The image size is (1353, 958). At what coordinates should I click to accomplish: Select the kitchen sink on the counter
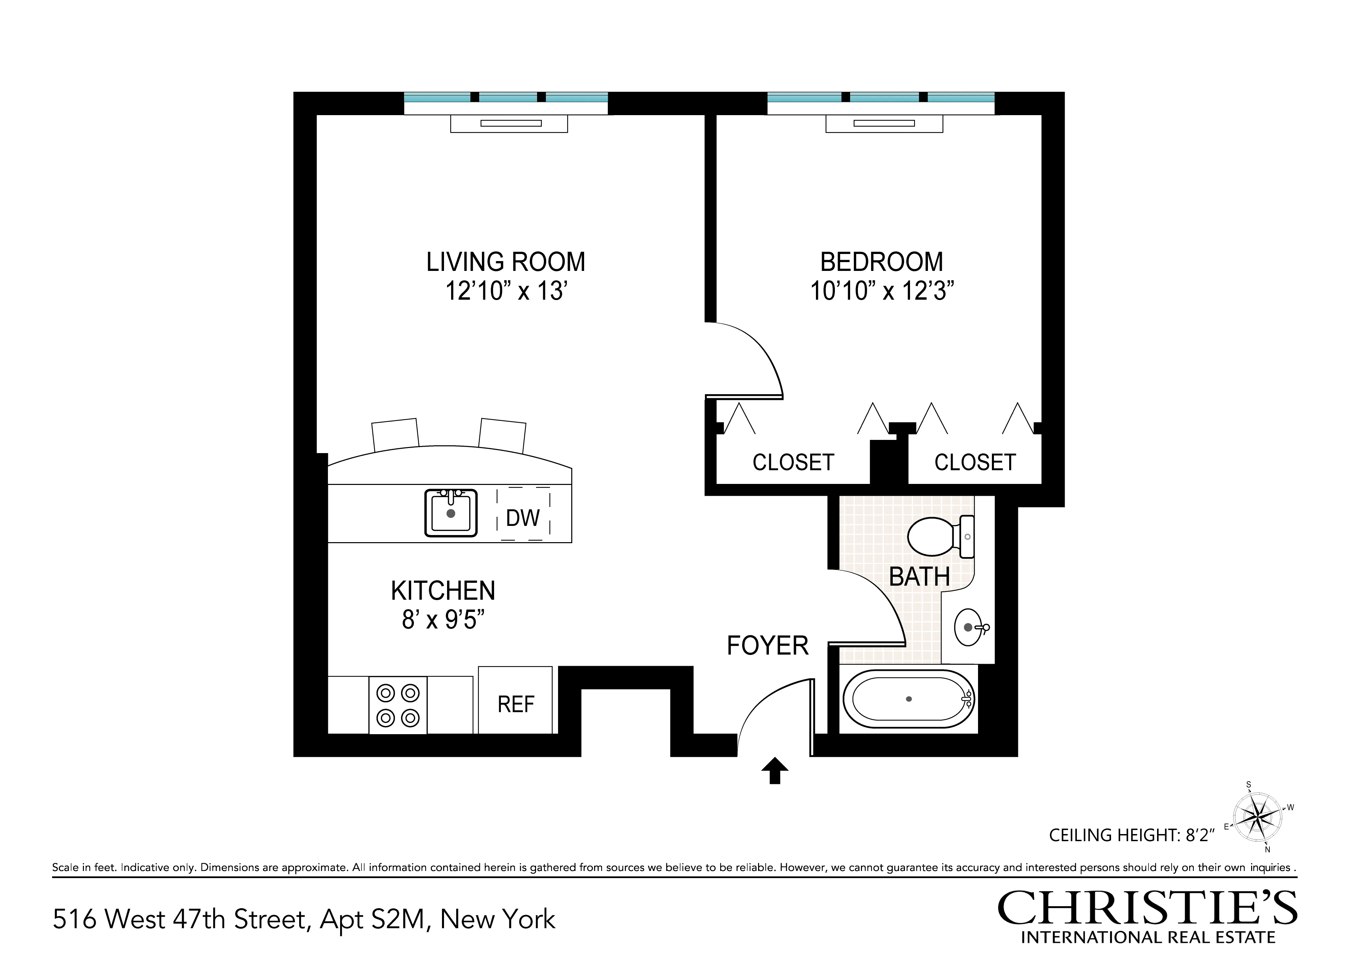(451, 513)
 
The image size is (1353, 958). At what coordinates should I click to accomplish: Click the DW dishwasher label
(523, 518)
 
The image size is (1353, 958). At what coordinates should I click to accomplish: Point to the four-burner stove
(398, 705)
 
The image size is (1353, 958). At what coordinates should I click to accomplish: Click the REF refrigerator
(516, 704)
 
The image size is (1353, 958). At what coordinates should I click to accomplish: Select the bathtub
(908, 699)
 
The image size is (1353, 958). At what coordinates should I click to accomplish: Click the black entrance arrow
(775, 770)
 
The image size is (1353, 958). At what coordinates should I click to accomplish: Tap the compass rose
(1258, 817)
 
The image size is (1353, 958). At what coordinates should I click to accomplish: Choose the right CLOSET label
(975, 463)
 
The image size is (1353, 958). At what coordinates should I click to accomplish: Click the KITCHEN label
(443, 591)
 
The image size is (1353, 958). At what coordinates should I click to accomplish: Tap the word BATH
(919, 577)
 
